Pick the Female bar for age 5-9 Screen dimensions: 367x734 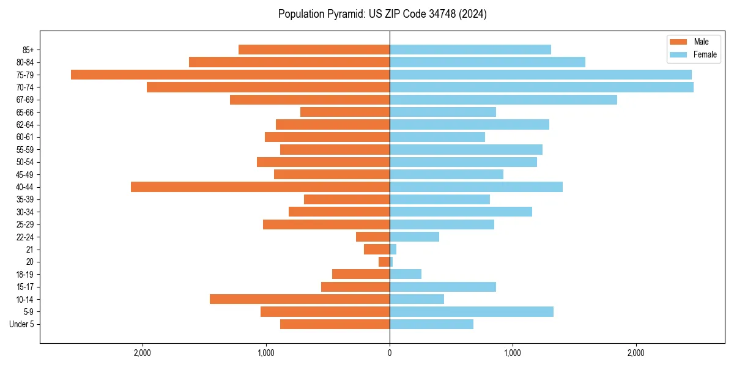click(x=471, y=312)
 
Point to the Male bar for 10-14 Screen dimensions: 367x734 click(x=300, y=299)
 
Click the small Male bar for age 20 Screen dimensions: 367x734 click(x=384, y=262)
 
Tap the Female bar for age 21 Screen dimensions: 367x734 click(x=393, y=250)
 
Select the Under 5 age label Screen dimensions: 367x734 click(x=22, y=324)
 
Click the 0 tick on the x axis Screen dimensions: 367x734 click(x=390, y=353)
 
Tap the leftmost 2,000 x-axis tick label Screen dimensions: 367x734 click(x=143, y=353)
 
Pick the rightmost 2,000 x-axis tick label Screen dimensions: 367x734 click(x=636, y=353)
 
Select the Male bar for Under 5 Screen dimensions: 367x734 click(x=335, y=324)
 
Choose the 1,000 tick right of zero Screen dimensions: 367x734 click(x=513, y=353)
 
